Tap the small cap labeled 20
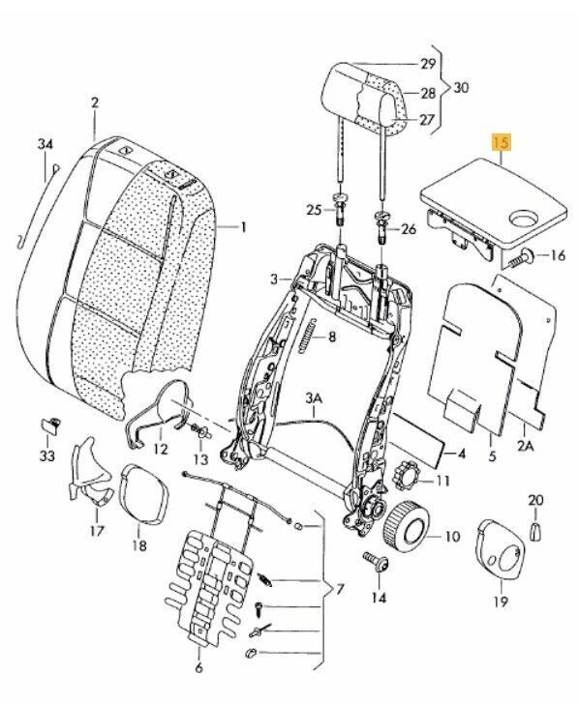[x=536, y=528]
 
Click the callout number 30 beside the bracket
[x=462, y=88]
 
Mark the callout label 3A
[x=314, y=398]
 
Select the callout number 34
[x=45, y=145]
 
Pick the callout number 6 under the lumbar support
[x=199, y=667]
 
